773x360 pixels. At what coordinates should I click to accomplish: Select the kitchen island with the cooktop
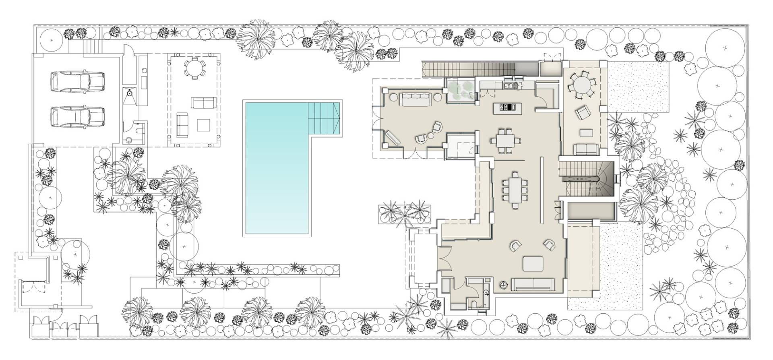(507, 107)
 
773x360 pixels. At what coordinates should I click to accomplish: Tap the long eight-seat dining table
(515, 188)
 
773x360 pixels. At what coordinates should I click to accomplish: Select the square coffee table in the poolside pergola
(204, 125)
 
